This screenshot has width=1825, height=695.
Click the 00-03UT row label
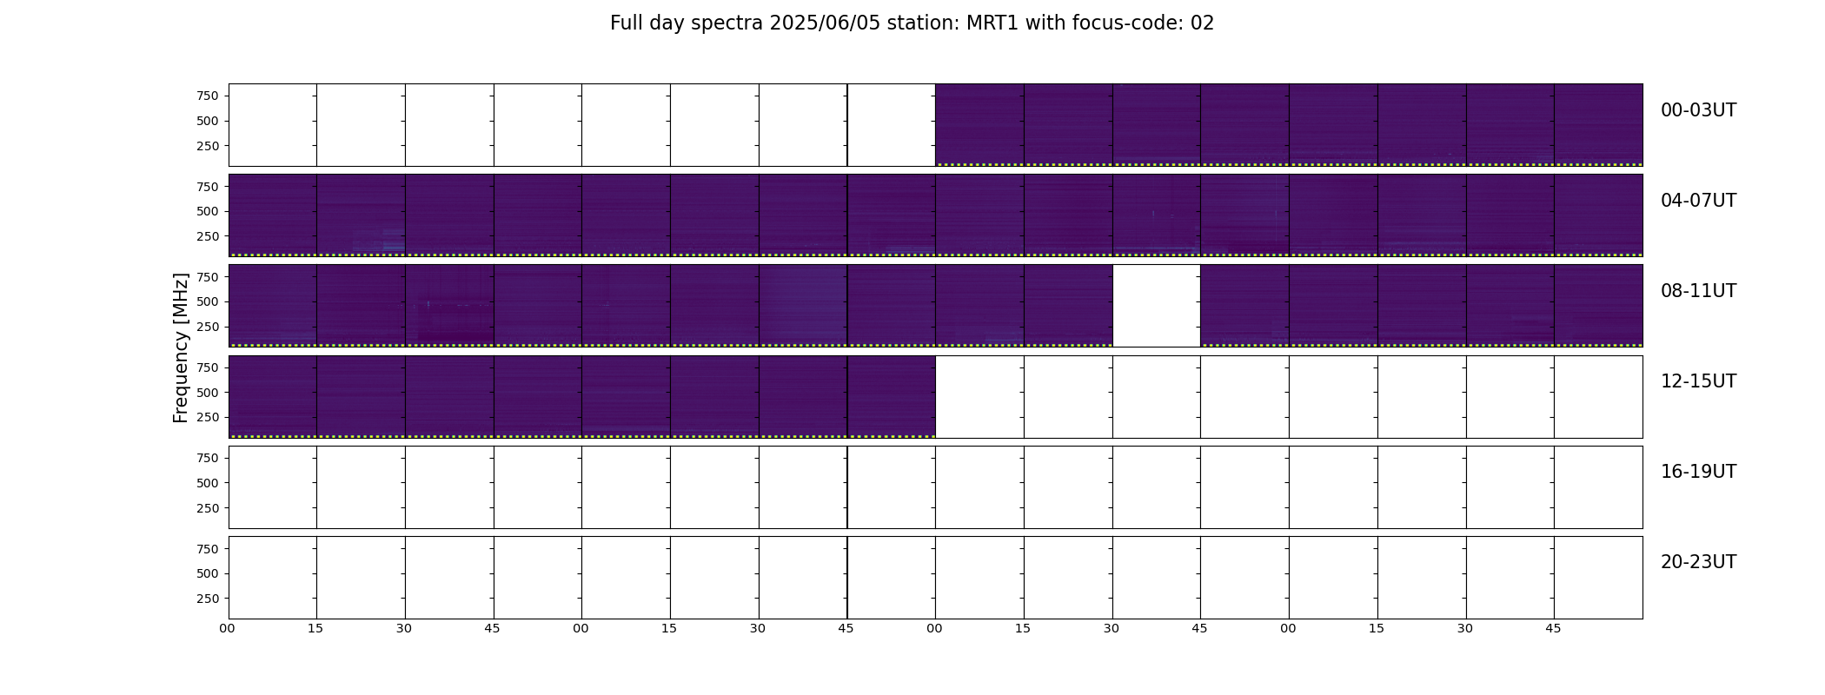[1698, 110]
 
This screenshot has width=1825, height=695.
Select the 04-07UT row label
[1698, 201]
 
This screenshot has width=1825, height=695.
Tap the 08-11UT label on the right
[1698, 291]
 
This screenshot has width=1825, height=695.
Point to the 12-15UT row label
[1698, 381]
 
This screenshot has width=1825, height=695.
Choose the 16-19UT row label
[1698, 472]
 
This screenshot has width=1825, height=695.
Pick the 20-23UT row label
[1698, 562]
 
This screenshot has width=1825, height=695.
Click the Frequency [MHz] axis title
[181, 348]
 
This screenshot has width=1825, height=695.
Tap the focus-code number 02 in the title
[1202, 23]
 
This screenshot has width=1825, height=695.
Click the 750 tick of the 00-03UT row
[208, 96]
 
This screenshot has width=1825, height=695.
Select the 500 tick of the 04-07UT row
[208, 211]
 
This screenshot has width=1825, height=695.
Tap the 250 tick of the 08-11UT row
[208, 327]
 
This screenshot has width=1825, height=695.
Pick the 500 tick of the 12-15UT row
[208, 393]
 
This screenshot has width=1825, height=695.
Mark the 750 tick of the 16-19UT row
[208, 458]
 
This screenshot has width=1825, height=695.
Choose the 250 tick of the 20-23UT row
[208, 599]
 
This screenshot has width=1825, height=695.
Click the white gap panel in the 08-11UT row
[1157, 306]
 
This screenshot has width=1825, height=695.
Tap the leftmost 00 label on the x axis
[228, 628]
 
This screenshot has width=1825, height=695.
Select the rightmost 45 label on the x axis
[1553, 628]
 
